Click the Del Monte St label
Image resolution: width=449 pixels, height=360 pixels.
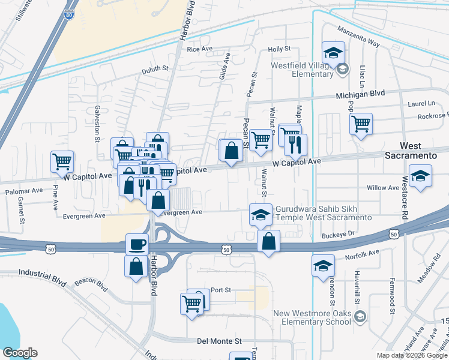pyautogui.click(x=219, y=341)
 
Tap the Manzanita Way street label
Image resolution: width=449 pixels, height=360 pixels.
pyautogui.click(x=358, y=36)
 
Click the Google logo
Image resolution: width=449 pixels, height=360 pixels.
pyautogui.click(x=20, y=353)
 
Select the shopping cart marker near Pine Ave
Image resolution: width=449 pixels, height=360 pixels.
pyautogui.click(x=62, y=161)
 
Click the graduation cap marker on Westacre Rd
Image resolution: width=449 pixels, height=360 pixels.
pyautogui.click(x=420, y=176)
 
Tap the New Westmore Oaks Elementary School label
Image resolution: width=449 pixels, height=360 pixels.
pyautogui.click(x=312, y=317)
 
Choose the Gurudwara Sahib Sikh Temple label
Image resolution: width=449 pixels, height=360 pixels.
pyautogui.click(x=323, y=213)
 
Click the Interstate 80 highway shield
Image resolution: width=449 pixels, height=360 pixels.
pyautogui.click(x=70, y=11)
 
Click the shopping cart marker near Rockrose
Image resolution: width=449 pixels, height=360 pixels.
pyautogui.click(x=361, y=124)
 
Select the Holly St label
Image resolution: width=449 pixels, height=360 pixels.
pyautogui.click(x=279, y=49)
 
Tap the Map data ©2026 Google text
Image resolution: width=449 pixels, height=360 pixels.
pyautogui.click(x=411, y=355)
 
